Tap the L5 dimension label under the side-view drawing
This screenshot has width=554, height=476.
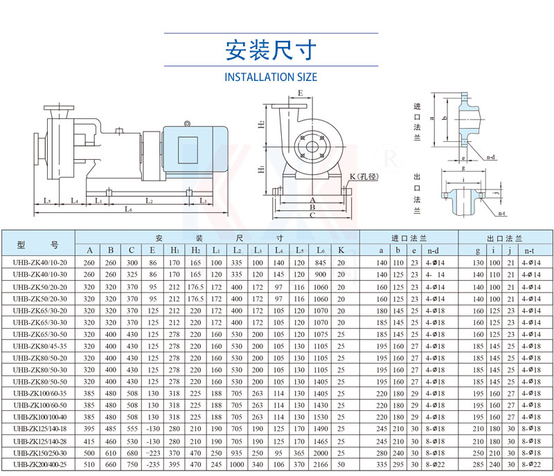click(x=46, y=201)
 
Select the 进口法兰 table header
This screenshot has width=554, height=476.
click(x=408, y=237)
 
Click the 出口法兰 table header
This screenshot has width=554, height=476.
click(x=505, y=237)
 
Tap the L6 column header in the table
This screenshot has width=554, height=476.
click(x=320, y=250)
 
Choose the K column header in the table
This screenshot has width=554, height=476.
click(x=341, y=250)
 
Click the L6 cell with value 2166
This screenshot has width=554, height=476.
click(x=320, y=464)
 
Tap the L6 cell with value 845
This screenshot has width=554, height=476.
click(x=320, y=263)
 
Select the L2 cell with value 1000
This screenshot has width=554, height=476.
click(x=237, y=464)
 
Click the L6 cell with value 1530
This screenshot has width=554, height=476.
click(x=320, y=416)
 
